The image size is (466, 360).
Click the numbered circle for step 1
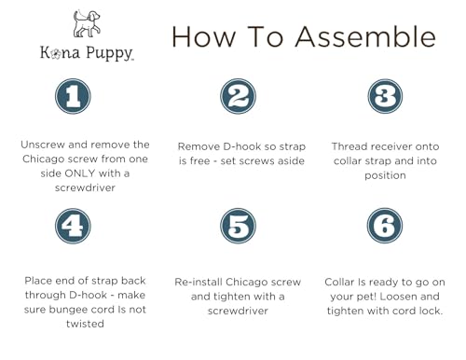[x=73, y=96]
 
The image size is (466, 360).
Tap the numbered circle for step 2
[x=239, y=96]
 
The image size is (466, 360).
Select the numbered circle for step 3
[x=385, y=96]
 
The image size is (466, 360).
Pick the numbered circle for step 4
[x=73, y=226]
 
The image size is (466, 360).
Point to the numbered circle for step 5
[x=239, y=226]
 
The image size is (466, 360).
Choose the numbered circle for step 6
[x=385, y=226]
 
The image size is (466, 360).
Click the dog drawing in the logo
[x=87, y=23]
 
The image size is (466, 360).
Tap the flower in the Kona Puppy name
[x=57, y=53]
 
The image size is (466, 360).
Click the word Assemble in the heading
[x=365, y=37]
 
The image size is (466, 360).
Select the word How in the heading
[x=204, y=37]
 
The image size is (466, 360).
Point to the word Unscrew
[x=43, y=145]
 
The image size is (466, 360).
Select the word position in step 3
[x=385, y=175]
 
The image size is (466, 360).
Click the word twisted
[x=85, y=324]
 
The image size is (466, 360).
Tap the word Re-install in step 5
[x=199, y=282]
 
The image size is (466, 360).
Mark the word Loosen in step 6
[x=398, y=297]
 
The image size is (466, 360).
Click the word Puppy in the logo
[x=109, y=53]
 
